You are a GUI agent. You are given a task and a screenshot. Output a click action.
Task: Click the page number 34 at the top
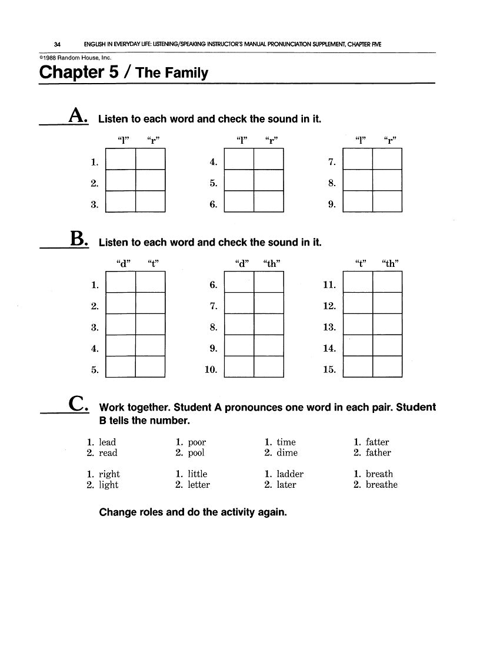pos(57,44)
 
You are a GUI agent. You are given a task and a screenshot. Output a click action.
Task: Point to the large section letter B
pos(79,239)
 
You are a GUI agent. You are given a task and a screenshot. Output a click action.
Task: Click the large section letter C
pos(79,404)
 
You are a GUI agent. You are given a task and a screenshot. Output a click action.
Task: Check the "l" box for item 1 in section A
pos(121,159)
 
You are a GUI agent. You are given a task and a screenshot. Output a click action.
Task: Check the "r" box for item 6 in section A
pos(269,201)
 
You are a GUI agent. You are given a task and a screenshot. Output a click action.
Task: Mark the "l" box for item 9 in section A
pos(358,201)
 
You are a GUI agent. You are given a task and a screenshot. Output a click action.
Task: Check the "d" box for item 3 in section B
pos(121,325)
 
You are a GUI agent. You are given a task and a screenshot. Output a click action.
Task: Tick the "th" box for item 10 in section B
pos(269,367)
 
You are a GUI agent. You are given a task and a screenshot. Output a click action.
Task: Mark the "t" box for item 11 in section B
pos(358,282)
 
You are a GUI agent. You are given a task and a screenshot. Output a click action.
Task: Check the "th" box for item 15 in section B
pos(388,367)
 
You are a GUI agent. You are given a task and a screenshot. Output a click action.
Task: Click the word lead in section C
pos(108,442)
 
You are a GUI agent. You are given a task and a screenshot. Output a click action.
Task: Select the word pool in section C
pos(197,453)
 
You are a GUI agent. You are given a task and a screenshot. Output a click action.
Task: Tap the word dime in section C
pos(287,453)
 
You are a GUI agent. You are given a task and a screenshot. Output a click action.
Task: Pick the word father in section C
pos(378,453)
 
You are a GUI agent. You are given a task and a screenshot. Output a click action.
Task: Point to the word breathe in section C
pos(382,485)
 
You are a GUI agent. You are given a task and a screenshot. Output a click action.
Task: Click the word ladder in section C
pos(290,474)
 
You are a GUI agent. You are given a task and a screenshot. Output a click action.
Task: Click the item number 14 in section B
pos(329,349)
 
